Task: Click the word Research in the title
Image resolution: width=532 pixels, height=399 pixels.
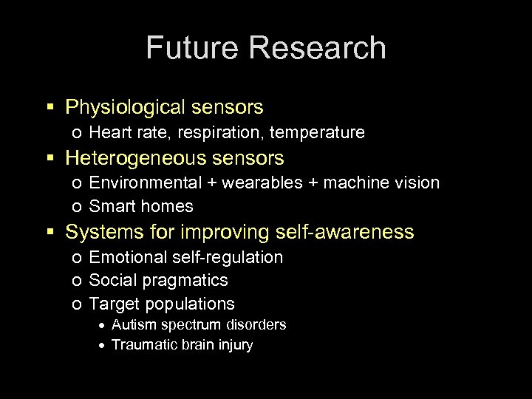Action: coord(318,48)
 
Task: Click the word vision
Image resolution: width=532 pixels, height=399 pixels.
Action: coord(414,183)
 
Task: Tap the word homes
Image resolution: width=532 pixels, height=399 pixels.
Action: coord(170,206)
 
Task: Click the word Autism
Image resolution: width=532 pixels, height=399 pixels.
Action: coord(132,324)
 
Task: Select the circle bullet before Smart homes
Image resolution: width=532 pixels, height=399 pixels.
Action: coord(77,207)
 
